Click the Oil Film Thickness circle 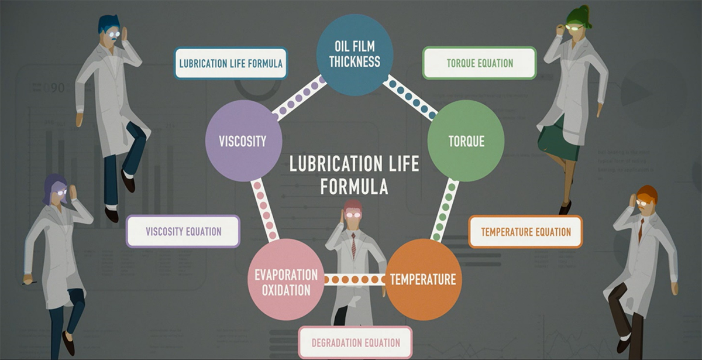click(x=355, y=55)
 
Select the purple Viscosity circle click(x=243, y=141)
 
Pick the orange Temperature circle click(x=423, y=279)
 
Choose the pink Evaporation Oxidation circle click(x=286, y=282)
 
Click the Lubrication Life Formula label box click(x=231, y=63)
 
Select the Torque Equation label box click(x=479, y=63)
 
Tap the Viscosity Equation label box click(x=183, y=231)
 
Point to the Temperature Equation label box click(x=525, y=232)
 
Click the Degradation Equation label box click(x=355, y=342)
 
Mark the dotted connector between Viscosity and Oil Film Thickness click(x=299, y=97)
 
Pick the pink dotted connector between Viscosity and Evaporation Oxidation click(x=264, y=210)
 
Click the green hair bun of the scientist click(x=580, y=15)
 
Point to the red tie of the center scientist click(x=353, y=245)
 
